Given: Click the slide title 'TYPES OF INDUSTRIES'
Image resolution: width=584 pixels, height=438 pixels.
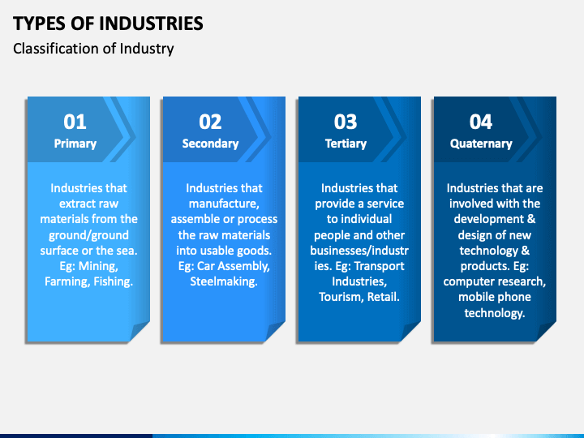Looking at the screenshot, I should [x=108, y=23].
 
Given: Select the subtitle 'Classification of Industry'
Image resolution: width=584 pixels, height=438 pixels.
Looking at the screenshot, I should [x=93, y=48].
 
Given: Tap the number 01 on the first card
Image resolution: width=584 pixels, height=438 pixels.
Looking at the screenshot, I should [x=75, y=122].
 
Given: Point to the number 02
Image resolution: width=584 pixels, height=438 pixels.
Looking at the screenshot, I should [x=210, y=122].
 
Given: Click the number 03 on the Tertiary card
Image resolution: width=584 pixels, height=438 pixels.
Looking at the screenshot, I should [x=346, y=122].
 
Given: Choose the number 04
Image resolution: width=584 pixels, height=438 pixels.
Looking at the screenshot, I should [x=481, y=122].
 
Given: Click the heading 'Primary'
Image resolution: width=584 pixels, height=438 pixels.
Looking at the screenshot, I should [x=75, y=144].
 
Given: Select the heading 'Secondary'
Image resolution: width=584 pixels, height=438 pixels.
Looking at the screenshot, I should [x=210, y=144].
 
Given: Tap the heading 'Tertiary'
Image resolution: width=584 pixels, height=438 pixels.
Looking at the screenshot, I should [x=346, y=144].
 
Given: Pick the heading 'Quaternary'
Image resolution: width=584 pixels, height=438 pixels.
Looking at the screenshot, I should [x=481, y=144].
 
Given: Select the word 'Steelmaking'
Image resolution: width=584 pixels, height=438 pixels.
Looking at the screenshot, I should [x=224, y=281].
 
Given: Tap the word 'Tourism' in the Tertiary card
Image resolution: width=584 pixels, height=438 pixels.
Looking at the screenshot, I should [x=340, y=297].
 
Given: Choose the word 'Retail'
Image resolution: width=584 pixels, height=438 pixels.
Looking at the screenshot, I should [x=382, y=297].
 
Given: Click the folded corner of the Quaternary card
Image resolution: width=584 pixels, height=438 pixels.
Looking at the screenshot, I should [x=546, y=332].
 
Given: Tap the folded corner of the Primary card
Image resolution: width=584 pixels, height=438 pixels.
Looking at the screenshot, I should [x=140, y=332].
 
